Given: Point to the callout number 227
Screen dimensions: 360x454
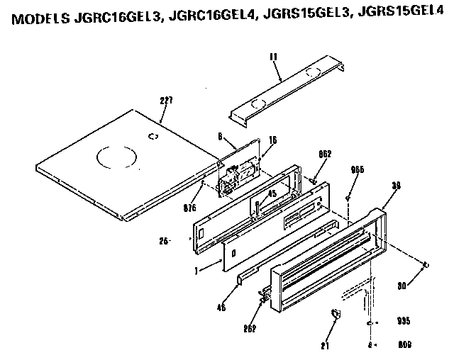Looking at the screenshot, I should tap(165, 101).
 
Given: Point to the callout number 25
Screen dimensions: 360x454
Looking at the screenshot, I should tap(163, 242).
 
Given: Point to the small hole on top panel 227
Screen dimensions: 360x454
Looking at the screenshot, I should tap(153, 135).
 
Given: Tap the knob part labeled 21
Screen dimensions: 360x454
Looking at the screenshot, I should tap(336, 314).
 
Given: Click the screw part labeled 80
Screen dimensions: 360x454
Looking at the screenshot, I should tap(425, 265).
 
